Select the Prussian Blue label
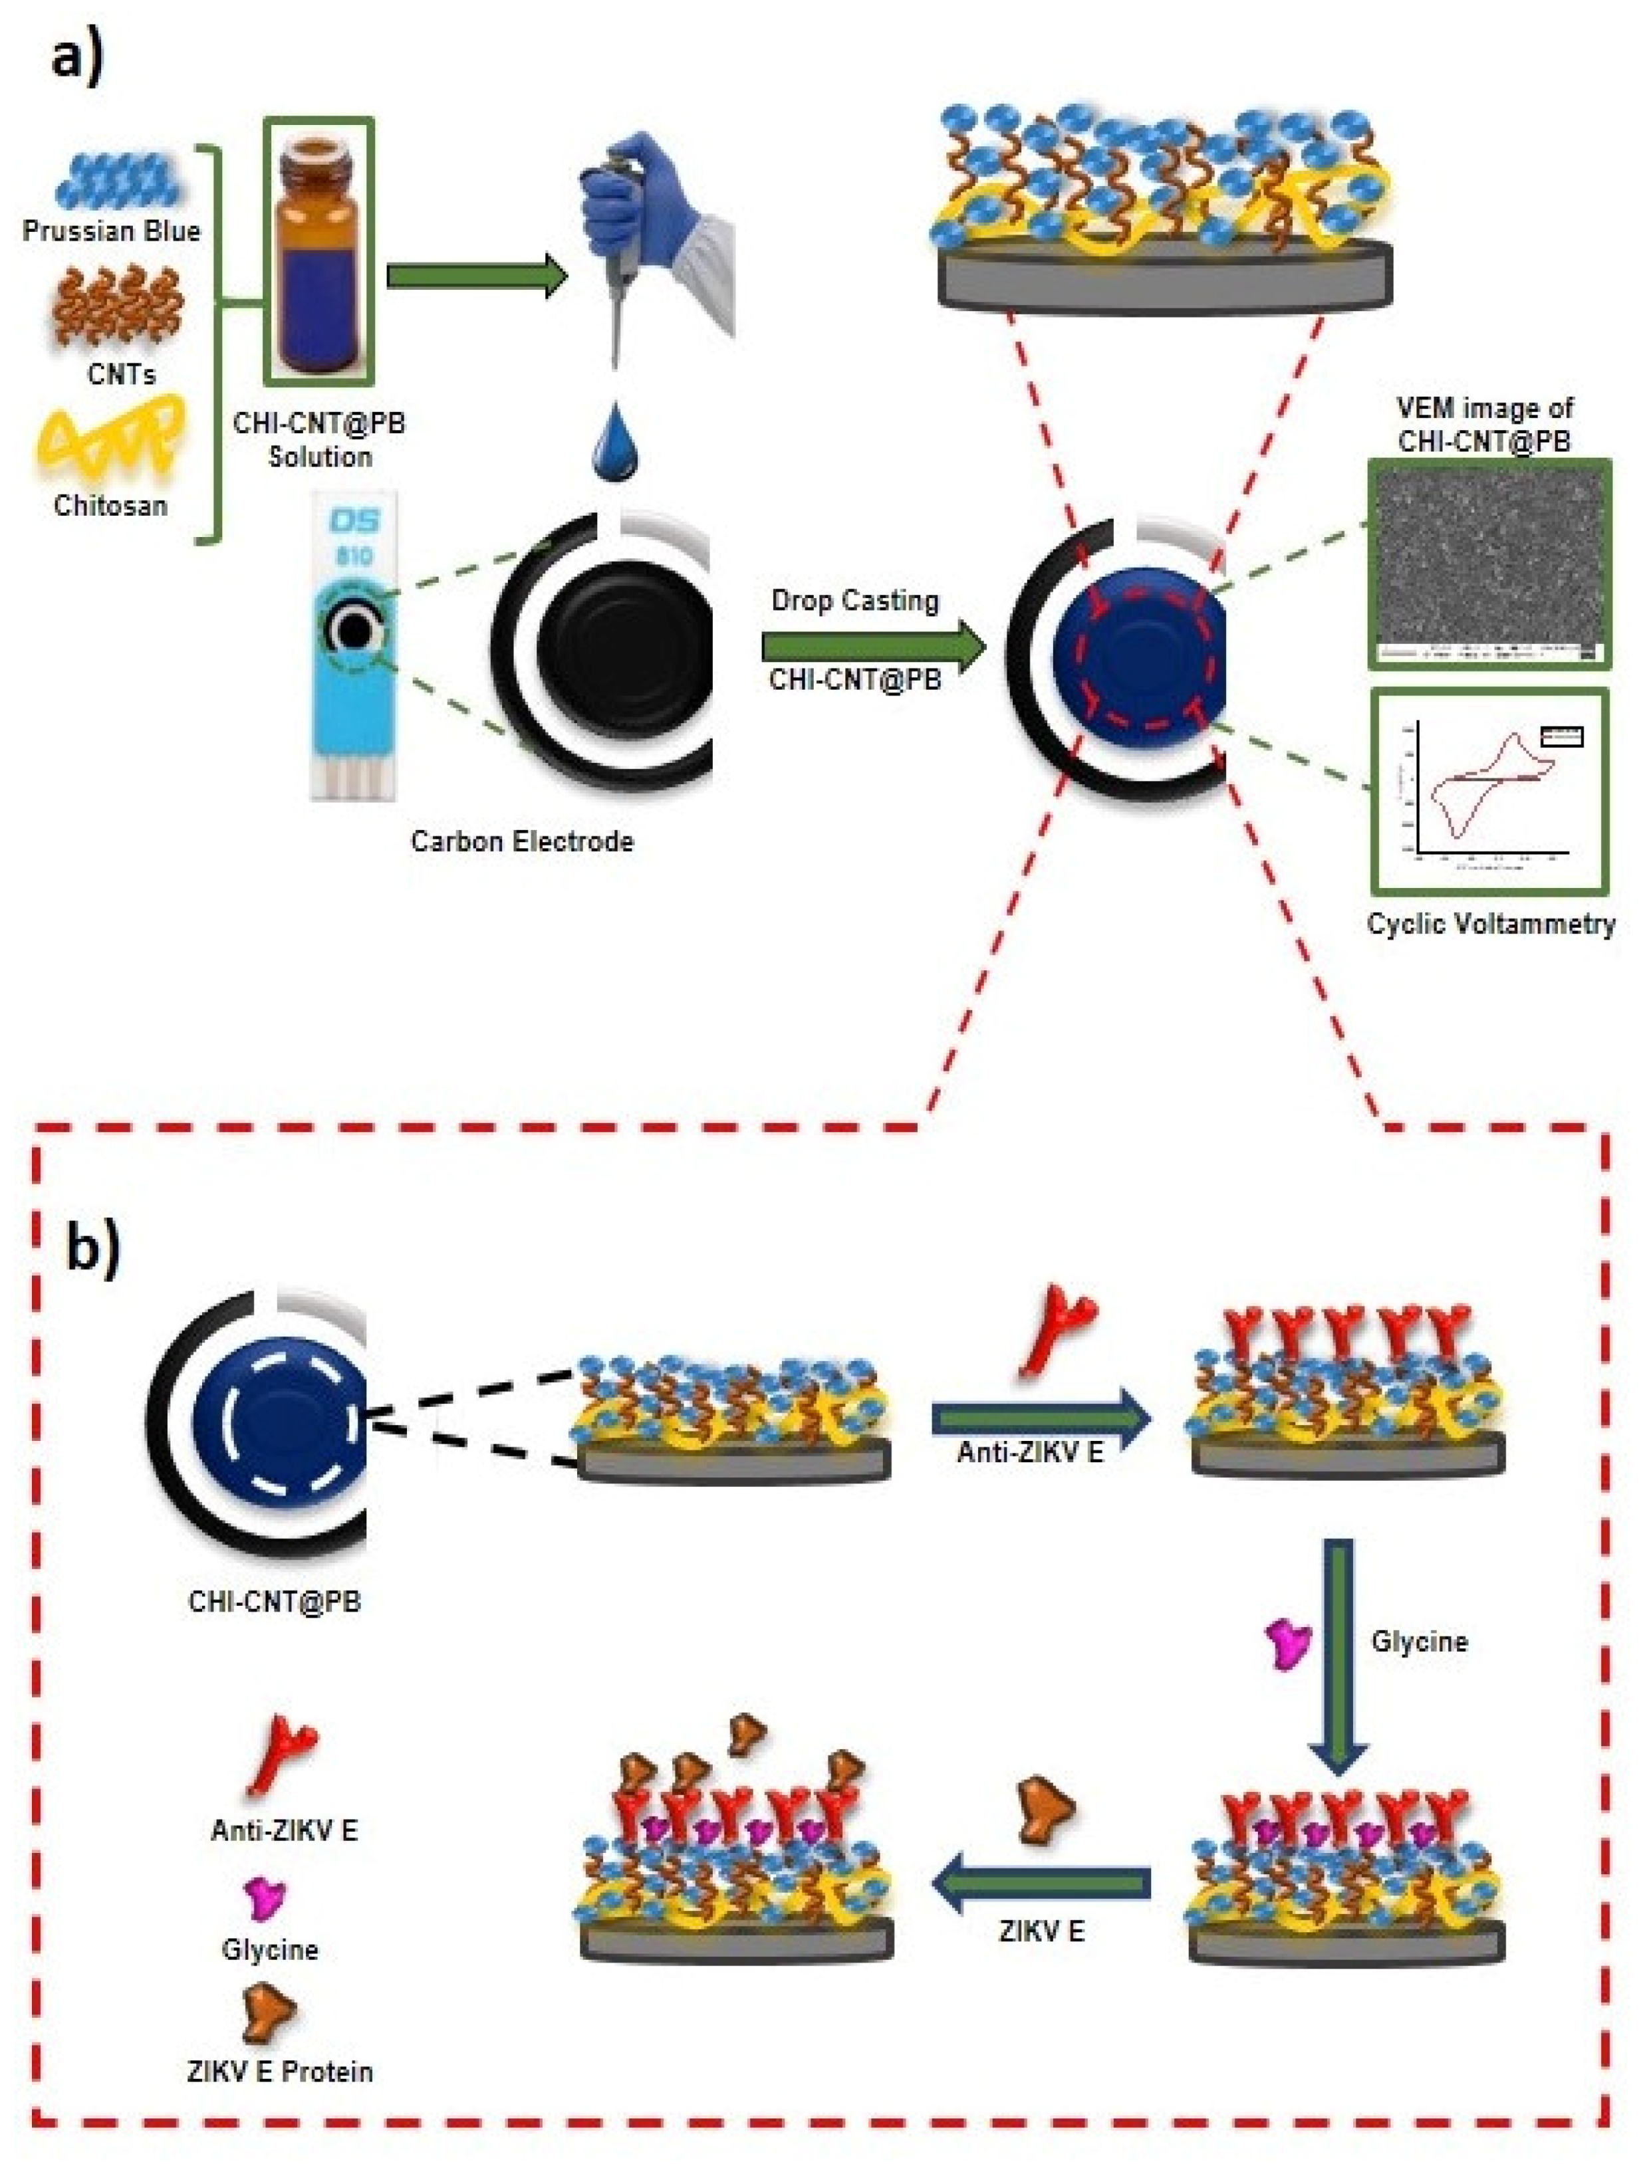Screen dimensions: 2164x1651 click(111, 231)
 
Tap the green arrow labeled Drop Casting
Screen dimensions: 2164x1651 click(872, 647)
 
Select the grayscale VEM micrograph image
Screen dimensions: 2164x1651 click(1489, 565)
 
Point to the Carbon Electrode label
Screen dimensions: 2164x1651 click(522, 842)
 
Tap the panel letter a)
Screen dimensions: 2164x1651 click(76, 57)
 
